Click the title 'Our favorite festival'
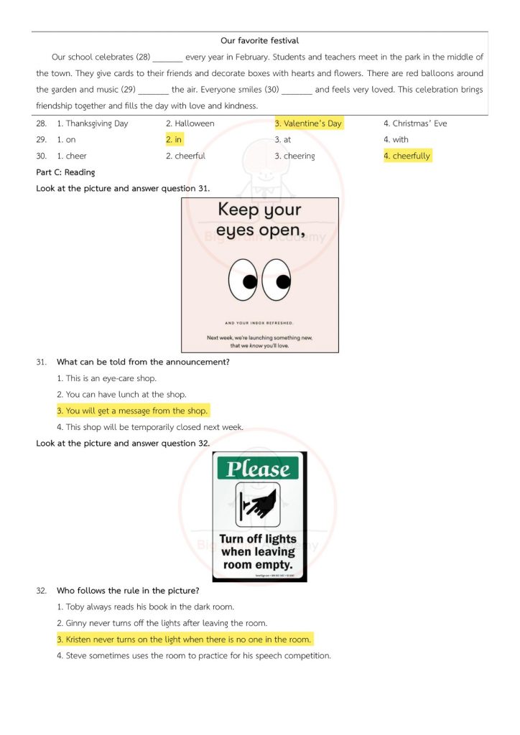tap(259, 41)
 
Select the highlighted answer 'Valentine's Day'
tap(308, 123)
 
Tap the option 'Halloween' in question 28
tap(190, 123)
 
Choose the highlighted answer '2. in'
tap(174, 139)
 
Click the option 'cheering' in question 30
tap(294, 156)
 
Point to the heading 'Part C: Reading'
tap(65, 172)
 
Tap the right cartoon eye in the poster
tap(277, 279)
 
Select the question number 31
tap(41, 362)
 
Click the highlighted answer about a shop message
tap(133, 411)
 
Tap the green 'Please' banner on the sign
tap(259, 469)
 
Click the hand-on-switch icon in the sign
tap(258, 504)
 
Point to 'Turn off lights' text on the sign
tap(258, 539)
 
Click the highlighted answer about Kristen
tap(185, 640)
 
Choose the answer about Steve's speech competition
tap(194, 656)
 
